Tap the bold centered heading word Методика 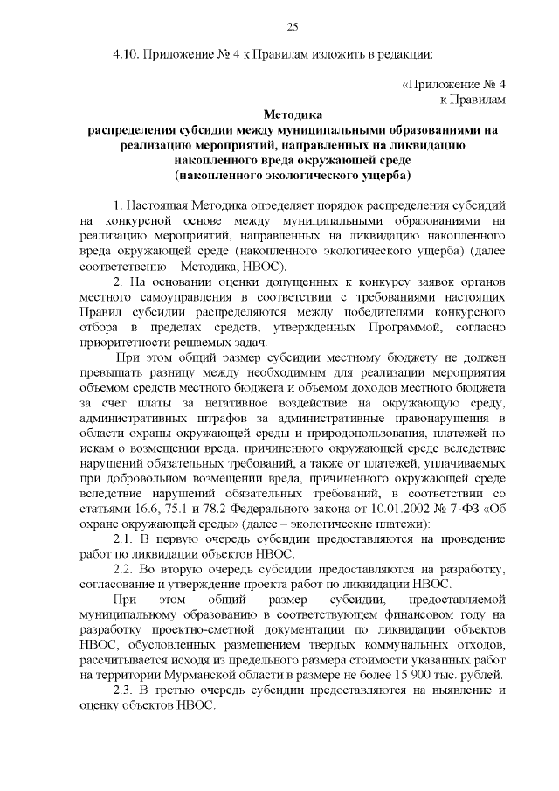(x=293, y=115)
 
